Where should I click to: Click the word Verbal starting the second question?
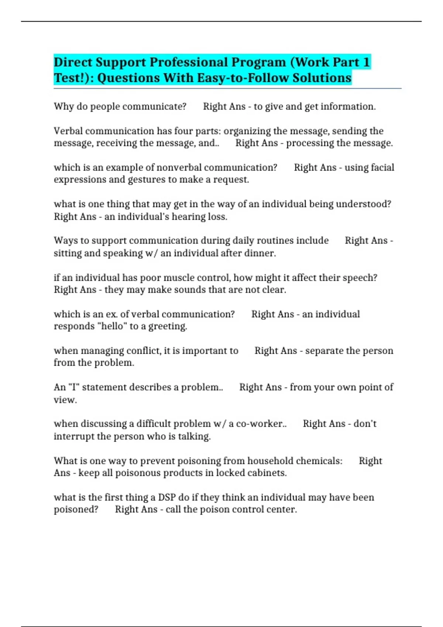[68, 131]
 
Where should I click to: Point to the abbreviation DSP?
[167, 498]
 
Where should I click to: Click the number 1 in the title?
[366, 62]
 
